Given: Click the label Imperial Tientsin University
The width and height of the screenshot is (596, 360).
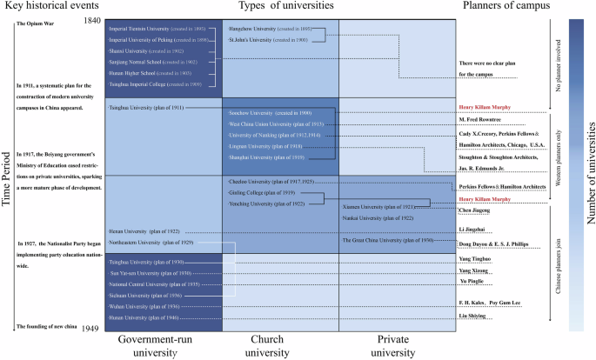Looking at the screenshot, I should pyautogui.click(x=156, y=30).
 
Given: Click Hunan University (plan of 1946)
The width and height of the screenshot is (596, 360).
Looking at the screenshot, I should pyautogui.click(x=144, y=318).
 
